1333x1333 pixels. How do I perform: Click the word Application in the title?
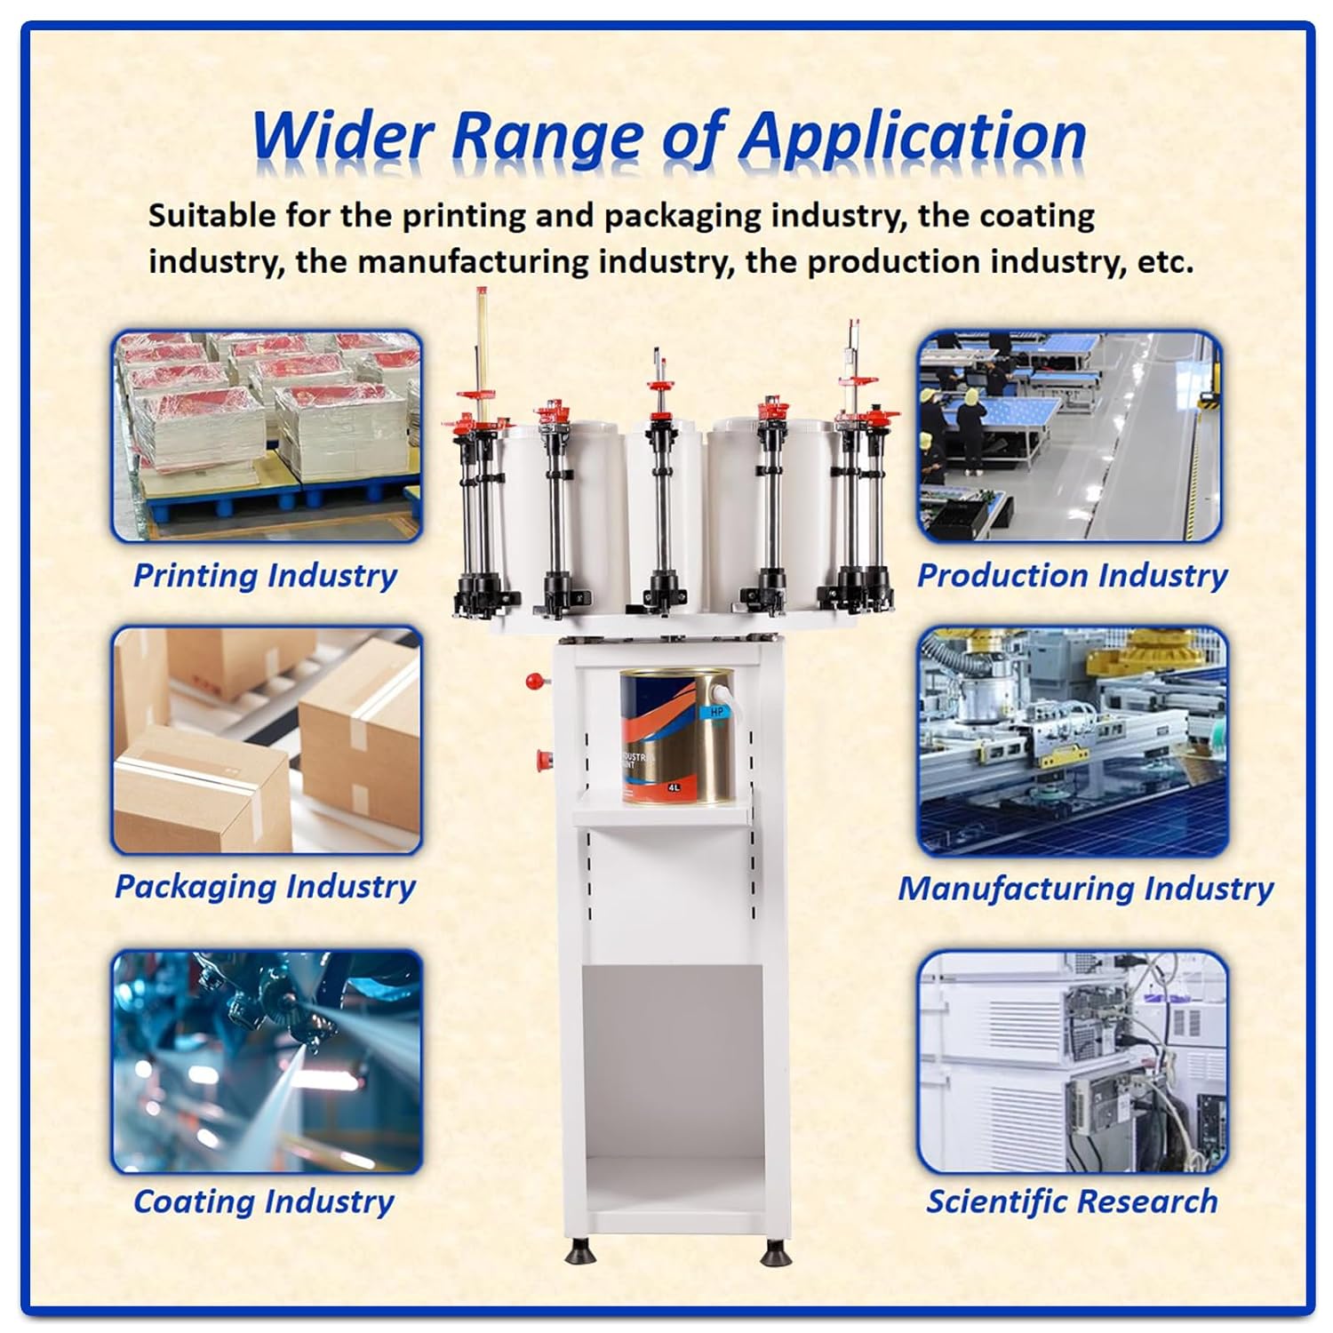click(913, 138)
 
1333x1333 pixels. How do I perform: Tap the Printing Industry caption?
click(265, 575)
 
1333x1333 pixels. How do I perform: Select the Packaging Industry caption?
click(265, 886)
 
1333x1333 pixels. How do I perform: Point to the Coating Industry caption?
click(264, 1201)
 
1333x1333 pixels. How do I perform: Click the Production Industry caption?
click(1072, 575)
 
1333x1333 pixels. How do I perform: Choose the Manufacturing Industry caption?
click(1085, 888)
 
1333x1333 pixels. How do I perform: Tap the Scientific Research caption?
click(1072, 1201)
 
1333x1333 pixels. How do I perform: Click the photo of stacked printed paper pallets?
click(267, 435)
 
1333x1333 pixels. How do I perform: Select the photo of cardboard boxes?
click(267, 740)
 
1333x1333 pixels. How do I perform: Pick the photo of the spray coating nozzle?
click(267, 1062)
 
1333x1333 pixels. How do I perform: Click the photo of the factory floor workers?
click(1070, 435)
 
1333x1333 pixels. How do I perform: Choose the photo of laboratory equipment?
click(1073, 1062)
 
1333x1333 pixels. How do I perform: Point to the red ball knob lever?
click(534, 682)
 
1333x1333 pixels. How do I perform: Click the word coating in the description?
click(1036, 216)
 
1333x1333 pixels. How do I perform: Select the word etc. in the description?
click(1165, 262)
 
